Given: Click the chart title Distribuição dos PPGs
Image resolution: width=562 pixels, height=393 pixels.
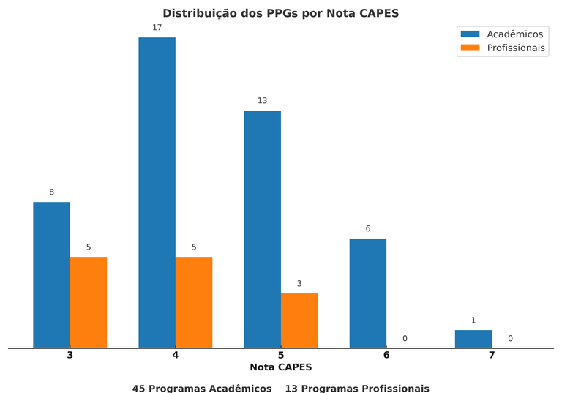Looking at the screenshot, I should pos(280,13).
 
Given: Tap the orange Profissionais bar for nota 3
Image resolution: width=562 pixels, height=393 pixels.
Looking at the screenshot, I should pos(89,302).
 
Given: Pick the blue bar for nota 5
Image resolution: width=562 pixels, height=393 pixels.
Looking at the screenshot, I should pos(262,229).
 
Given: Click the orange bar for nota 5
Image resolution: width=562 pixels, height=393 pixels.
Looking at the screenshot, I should pos(299,321).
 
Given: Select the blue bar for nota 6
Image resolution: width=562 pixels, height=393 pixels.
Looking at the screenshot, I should pos(367,293).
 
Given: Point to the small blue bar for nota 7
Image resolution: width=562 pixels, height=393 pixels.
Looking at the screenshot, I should pos(473,339).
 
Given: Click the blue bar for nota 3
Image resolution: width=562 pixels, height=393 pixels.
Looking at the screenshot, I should pos(51,274).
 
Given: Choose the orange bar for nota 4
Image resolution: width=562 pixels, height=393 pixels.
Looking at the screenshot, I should pos(194,302).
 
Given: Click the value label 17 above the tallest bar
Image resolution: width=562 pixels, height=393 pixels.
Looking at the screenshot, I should pos(157,28).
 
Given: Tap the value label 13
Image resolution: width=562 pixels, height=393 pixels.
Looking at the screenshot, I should pos(262,101).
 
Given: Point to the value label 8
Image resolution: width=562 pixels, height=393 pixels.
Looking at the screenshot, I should pos(51,192).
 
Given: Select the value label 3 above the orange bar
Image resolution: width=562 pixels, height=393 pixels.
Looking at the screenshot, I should pos(299,284).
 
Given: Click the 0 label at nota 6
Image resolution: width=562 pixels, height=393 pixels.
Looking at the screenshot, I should pos(405,339).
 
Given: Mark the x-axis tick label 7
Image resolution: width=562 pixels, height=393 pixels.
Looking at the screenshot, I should pos(492,355).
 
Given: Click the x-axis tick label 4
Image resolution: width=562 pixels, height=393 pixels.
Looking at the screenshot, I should pos(175,355).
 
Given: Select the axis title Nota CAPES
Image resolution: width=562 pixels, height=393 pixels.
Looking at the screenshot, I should pos(280,367).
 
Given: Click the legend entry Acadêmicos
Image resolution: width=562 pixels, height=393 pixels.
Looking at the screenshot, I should pos(515,34).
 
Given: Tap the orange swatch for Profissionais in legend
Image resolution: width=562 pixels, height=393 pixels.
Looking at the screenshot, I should pos(470,48).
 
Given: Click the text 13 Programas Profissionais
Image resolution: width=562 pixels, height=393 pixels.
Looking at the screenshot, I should pos(357,389).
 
